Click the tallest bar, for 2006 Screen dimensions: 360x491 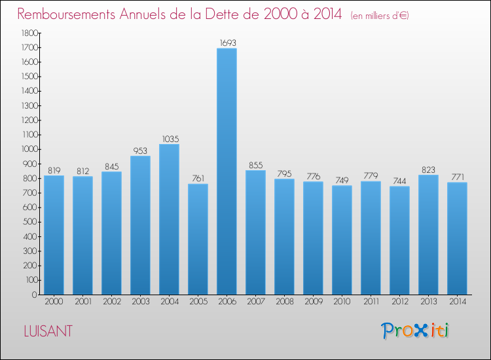[x=227, y=171]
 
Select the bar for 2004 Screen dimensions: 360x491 [x=169, y=219]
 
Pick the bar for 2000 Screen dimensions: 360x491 [x=54, y=235]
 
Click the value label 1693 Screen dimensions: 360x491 [x=227, y=43]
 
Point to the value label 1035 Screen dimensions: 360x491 [x=169, y=139]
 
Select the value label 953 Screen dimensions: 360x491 [x=140, y=151]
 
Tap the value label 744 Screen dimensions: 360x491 [x=399, y=181]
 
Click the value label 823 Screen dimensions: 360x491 [x=428, y=170]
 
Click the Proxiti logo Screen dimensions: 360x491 [x=416, y=331]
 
